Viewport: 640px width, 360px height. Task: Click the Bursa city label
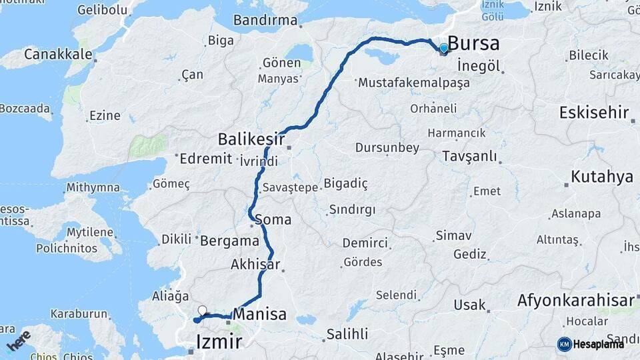coord(473,44)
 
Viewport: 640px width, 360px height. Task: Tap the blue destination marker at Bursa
coord(443,48)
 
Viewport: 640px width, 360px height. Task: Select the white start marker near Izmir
coord(202,310)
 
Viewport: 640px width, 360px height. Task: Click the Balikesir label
coord(251,140)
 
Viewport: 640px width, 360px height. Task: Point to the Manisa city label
coord(261,314)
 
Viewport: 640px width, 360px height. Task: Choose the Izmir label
coord(219,343)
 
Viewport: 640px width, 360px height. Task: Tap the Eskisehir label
coord(594,112)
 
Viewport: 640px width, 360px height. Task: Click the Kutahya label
coord(602,177)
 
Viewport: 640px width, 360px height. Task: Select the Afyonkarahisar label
coord(576,301)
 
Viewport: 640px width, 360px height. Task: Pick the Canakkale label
coord(58,55)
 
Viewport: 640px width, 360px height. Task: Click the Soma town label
coord(273,219)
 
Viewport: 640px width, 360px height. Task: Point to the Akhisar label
coord(255,264)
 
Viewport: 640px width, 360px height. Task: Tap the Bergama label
coord(229,241)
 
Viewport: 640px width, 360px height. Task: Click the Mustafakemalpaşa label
coord(414,83)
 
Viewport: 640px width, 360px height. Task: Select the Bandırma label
coord(265,21)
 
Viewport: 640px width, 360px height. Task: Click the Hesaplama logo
coord(591,344)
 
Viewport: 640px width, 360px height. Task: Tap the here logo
coord(19,341)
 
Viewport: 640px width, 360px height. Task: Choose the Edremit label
coord(206,159)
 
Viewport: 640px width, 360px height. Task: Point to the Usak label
coord(469,305)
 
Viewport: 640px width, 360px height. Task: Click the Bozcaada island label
coord(25,107)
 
